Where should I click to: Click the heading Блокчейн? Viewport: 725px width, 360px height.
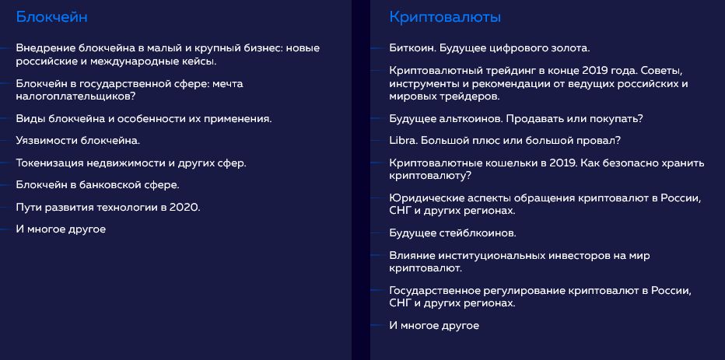click(51, 17)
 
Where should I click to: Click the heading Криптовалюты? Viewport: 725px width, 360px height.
click(445, 18)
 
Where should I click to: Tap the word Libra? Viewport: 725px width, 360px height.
click(402, 141)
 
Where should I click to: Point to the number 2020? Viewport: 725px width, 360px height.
click(184, 207)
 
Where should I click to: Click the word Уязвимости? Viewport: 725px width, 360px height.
click(47, 141)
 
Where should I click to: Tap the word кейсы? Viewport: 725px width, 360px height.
click(201, 61)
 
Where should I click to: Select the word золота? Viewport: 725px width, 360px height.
click(572, 48)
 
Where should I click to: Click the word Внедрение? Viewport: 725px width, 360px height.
click(46, 48)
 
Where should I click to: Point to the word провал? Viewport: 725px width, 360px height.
click(599, 141)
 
